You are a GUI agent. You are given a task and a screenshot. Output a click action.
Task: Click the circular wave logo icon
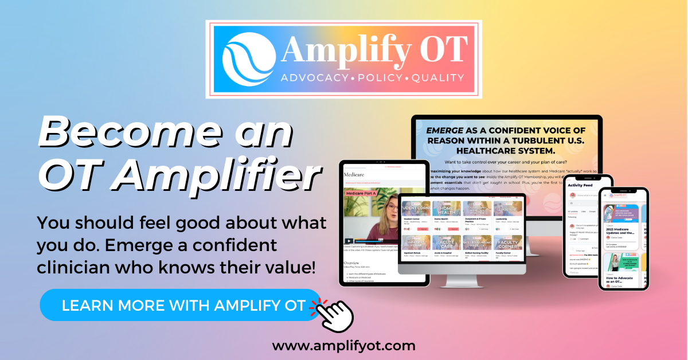250,59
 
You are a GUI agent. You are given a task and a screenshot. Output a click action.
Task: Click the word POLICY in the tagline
383,78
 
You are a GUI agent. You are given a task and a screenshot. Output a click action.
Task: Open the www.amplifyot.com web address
343,345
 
